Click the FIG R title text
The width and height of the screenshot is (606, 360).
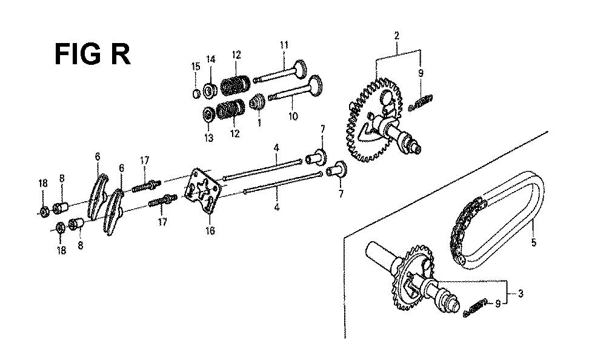click(x=92, y=55)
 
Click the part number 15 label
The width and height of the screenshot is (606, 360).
click(x=196, y=67)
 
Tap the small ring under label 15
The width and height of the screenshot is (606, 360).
click(x=196, y=93)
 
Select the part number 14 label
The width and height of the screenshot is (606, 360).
click(x=211, y=59)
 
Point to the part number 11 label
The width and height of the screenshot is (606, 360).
click(x=284, y=45)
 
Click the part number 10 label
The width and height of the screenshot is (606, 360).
click(x=293, y=116)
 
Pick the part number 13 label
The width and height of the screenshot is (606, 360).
click(x=208, y=138)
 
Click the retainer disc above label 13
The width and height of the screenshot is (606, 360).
click(x=208, y=114)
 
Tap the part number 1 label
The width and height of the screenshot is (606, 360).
click(x=259, y=122)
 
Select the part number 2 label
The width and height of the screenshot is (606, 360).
click(x=396, y=36)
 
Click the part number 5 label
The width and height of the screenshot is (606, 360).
click(x=533, y=242)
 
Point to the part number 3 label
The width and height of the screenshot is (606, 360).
click(x=521, y=294)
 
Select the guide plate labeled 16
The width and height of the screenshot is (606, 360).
click(x=203, y=191)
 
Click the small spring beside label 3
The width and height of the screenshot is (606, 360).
click(x=475, y=308)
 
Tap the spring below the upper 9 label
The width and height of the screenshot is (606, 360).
click(x=421, y=103)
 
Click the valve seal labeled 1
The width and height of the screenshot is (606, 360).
click(x=256, y=103)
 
